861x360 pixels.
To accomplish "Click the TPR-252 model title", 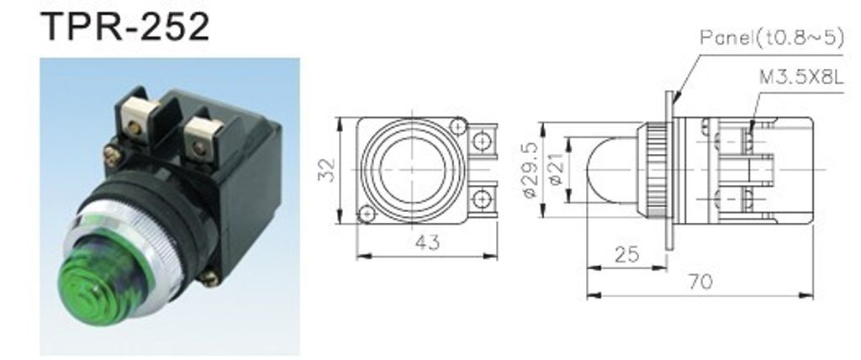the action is [x=125, y=26].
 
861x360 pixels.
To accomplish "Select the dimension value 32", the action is [x=327, y=171].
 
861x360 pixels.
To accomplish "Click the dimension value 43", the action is [x=428, y=242].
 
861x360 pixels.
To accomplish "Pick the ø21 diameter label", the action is [x=556, y=170].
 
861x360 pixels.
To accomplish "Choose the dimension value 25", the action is [x=626, y=255].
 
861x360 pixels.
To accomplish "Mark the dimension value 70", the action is [x=700, y=282].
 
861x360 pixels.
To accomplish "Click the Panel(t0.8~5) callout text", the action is [x=772, y=37].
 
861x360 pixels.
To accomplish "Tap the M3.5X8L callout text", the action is [x=800, y=77].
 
